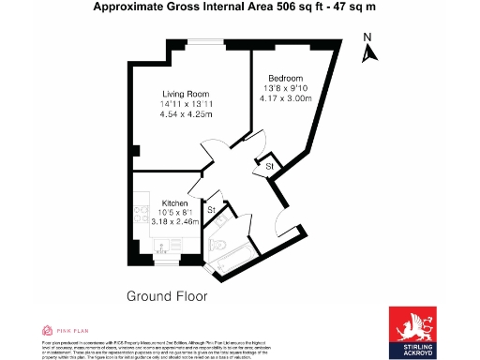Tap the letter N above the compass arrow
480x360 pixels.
tap(368, 38)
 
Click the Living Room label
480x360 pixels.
tap(184, 94)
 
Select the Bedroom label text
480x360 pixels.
tap(285, 78)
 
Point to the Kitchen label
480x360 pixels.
tap(175, 203)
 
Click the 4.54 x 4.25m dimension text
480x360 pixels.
tap(184, 115)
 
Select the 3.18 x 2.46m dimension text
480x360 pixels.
tap(175, 224)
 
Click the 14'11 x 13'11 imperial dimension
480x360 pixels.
tap(184, 104)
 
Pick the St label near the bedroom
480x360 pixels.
tap(269, 167)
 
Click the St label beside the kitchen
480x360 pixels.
tap(212, 209)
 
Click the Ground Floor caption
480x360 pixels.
tap(166, 296)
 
